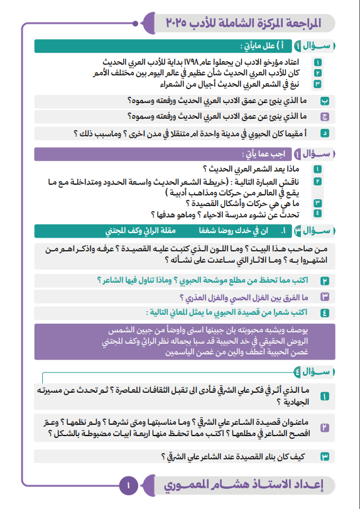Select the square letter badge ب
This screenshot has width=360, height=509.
(x=325, y=101)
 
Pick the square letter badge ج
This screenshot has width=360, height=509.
(x=325, y=116)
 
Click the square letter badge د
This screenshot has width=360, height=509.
(x=325, y=133)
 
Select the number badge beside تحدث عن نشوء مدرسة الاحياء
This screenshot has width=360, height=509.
(x=318, y=214)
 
